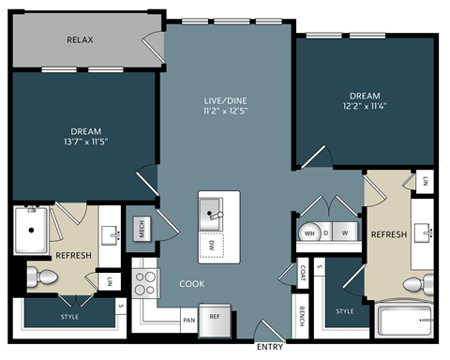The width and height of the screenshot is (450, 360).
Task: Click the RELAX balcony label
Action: (x=80, y=40)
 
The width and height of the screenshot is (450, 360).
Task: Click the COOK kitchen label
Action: (x=191, y=283)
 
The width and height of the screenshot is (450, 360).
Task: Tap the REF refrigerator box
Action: (x=214, y=319)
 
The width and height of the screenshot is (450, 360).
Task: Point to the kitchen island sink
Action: (x=213, y=216)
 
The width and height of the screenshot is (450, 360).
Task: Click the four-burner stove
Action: (x=145, y=282)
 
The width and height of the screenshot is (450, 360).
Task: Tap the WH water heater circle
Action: (x=308, y=232)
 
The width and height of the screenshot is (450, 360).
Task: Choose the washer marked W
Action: (x=346, y=232)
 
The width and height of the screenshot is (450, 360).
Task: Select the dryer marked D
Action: (x=326, y=232)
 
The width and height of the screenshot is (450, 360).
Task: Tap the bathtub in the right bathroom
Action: (x=404, y=322)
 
